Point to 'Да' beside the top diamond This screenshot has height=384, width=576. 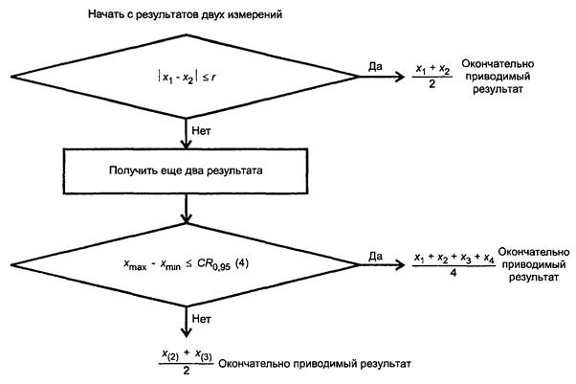[x=376, y=68]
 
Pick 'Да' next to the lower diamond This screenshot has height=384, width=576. [x=376, y=255]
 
